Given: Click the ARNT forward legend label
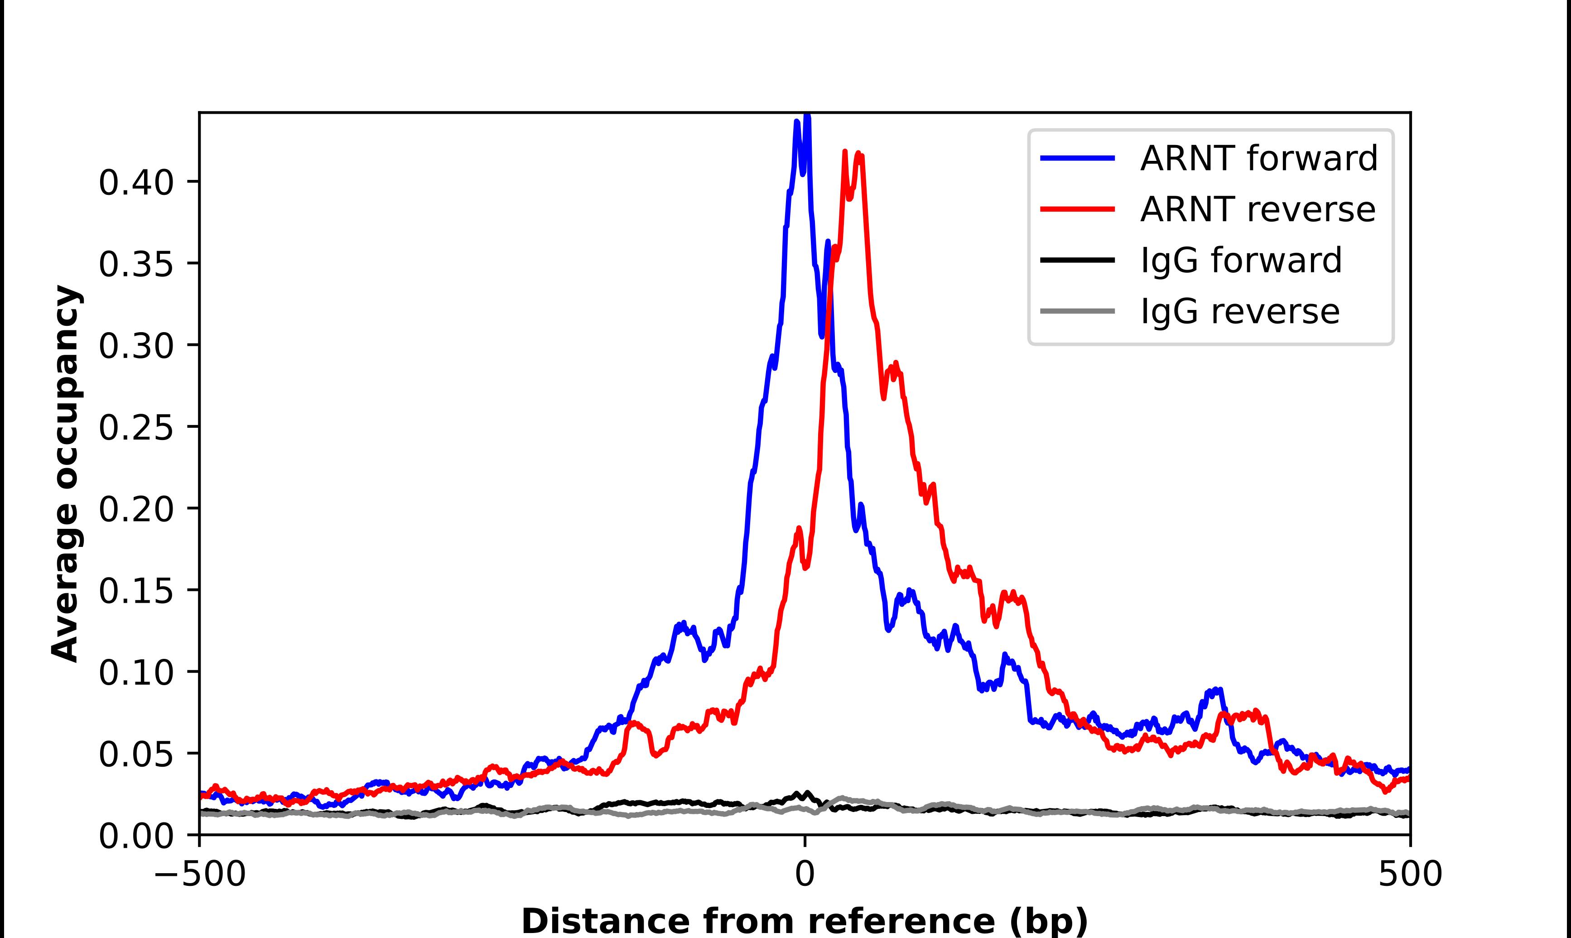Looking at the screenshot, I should point(1258,158).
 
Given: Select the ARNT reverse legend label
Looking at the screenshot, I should point(1257,209).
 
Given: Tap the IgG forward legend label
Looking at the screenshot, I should point(1241,261).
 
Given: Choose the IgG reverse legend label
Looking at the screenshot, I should point(1239,312).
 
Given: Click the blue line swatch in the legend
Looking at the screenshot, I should point(1078,158).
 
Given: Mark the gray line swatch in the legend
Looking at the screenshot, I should point(1078,311).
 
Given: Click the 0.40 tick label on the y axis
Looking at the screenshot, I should point(136,183).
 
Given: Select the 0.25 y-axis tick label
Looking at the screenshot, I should point(136,428).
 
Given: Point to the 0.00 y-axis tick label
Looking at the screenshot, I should point(136,837).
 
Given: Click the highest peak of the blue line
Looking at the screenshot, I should point(807,116).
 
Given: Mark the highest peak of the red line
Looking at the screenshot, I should point(844,152).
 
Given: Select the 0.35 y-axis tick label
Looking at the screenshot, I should point(136,264).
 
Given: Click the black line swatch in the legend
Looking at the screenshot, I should point(1078,260).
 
